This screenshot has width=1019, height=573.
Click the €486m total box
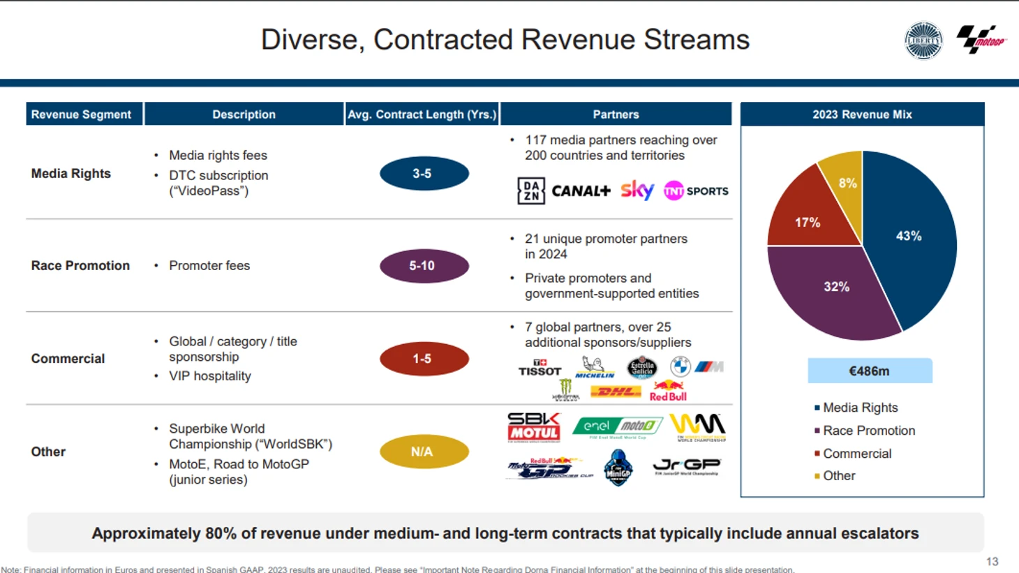[870, 371]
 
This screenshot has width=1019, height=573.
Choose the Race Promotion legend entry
[868, 431]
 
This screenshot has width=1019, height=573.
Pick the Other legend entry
[838, 476]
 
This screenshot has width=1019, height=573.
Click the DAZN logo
[531, 191]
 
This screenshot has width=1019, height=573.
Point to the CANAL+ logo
[581, 191]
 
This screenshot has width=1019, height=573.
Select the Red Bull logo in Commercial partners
[668, 391]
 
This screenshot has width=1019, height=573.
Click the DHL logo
[616, 392]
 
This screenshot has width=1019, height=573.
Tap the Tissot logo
[540, 368]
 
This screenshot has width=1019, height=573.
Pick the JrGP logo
[687, 466]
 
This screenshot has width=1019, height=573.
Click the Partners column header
[616, 114]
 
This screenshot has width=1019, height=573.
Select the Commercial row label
[68, 359]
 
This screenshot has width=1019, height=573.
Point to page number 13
[992, 561]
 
